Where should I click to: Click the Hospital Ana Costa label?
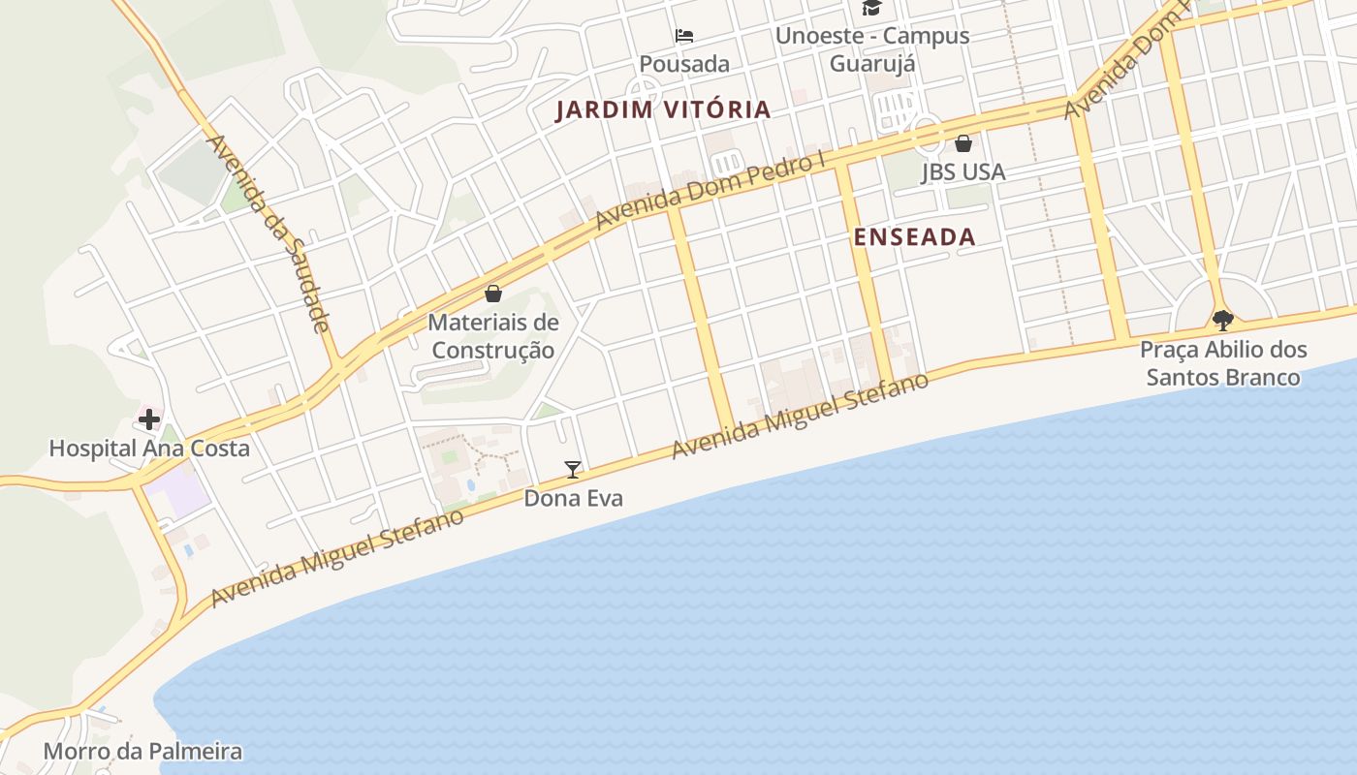pyautogui.click(x=149, y=449)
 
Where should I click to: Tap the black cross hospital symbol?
pyautogui.click(x=148, y=419)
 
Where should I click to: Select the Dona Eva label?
pyautogui.click(x=573, y=498)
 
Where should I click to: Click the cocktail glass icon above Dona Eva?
pyautogui.click(x=573, y=470)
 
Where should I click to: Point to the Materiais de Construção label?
pyautogui.click(x=493, y=335)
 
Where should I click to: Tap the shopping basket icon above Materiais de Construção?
pyautogui.click(x=493, y=293)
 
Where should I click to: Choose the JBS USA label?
pyautogui.click(x=963, y=171)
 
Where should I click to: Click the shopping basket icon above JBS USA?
pyautogui.click(x=963, y=144)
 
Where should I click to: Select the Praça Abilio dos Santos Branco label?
pyautogui.click(x=1223, y=362)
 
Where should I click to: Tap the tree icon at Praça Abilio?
pyautogui.click(x=1223, y=319)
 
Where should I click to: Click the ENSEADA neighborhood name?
pyautogui.click(x=914, y=236)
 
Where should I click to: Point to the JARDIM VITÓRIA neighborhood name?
pyautogui.click(x=663, y=109)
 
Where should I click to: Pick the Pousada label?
pyautogui.click(x=684, y=64)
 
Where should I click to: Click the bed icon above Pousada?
pyautogui.click(x=684, y=37)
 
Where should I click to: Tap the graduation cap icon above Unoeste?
pyautogui.click(x=871, y=9)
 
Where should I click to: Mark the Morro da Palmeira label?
pyautogui.click(x=142, y=751)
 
